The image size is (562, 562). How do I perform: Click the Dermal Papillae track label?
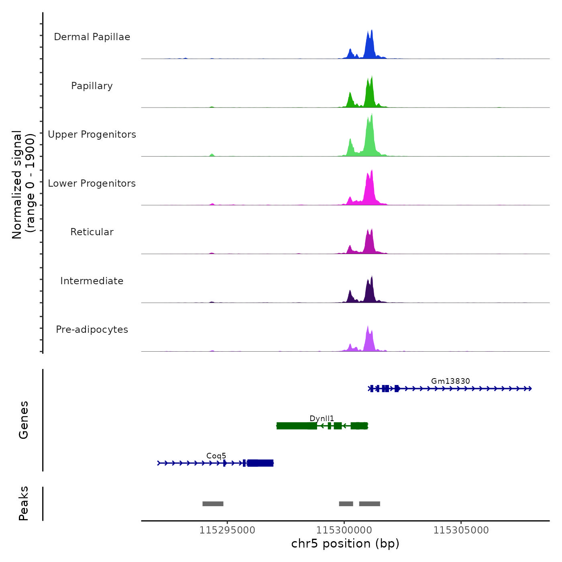(92, 37)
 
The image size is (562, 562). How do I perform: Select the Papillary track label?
(92, 86)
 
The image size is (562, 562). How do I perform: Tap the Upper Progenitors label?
(92, 134)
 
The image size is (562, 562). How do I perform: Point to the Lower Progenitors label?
(92, 183)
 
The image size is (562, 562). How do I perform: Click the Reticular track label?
(92, 232)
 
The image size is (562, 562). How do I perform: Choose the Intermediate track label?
(92, 281)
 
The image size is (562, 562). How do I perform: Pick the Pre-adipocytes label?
(92, 330)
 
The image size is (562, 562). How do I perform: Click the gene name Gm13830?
(450, 381)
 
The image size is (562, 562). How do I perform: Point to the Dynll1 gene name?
(322, 418)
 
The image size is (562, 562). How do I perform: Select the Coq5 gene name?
(216, 456)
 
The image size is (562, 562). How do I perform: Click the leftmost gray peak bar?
(213, 504)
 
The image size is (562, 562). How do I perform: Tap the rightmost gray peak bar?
(369, 504)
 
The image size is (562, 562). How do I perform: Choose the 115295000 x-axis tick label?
(227, 530)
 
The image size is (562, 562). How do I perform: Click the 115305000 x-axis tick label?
(461, 530)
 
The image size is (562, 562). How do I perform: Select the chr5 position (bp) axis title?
(345, 544)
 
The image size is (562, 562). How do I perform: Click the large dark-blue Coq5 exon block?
(261, 463)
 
